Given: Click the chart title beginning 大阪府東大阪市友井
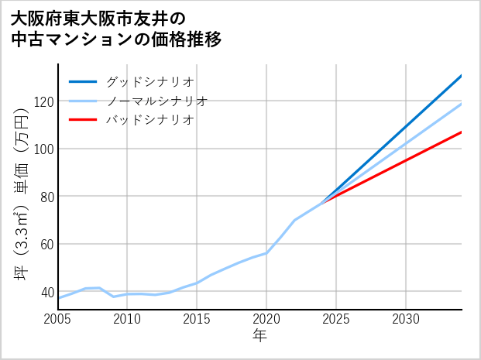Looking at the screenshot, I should point(116,29).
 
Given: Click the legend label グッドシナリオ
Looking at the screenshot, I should point(149,81).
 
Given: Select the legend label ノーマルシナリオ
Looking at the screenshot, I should point(156,101).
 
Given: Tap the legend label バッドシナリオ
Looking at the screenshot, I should point(149,120).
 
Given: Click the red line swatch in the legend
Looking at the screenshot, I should point(84,120).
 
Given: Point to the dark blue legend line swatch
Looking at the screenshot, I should point(84,81).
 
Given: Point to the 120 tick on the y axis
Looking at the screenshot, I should point(43,101).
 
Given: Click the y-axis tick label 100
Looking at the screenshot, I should point(43,149).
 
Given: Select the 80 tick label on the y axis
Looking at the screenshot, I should point(46,197).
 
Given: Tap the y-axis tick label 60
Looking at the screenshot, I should point(46,245).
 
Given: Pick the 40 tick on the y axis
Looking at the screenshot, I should point(46,292).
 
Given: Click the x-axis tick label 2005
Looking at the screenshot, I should point(58,319).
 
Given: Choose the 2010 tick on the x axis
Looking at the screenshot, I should point(128,319).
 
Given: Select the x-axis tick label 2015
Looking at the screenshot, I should point(198,319).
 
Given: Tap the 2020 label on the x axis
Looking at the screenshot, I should point(267,319).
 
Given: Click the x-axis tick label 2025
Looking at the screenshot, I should point(336,319).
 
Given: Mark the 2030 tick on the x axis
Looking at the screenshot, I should point(406,319).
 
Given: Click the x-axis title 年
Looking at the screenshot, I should point(260,336).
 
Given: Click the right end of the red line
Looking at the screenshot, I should point(461,132).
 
